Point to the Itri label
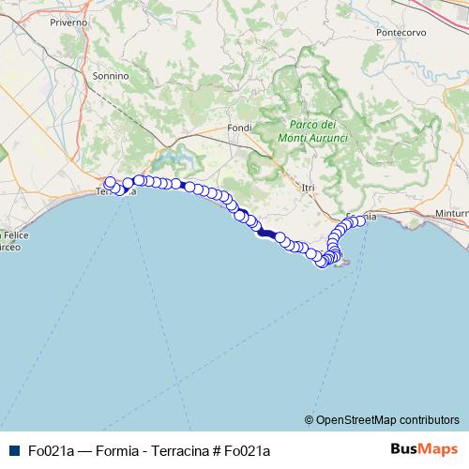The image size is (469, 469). [307, 188]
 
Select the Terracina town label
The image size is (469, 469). [117, 192]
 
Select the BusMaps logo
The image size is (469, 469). [423, 448]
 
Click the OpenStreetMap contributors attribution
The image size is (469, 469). [381, 419]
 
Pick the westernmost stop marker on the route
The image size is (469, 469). [110, 183]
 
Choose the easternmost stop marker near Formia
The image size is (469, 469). [361, 220]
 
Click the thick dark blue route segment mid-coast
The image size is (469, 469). [266, 233]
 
